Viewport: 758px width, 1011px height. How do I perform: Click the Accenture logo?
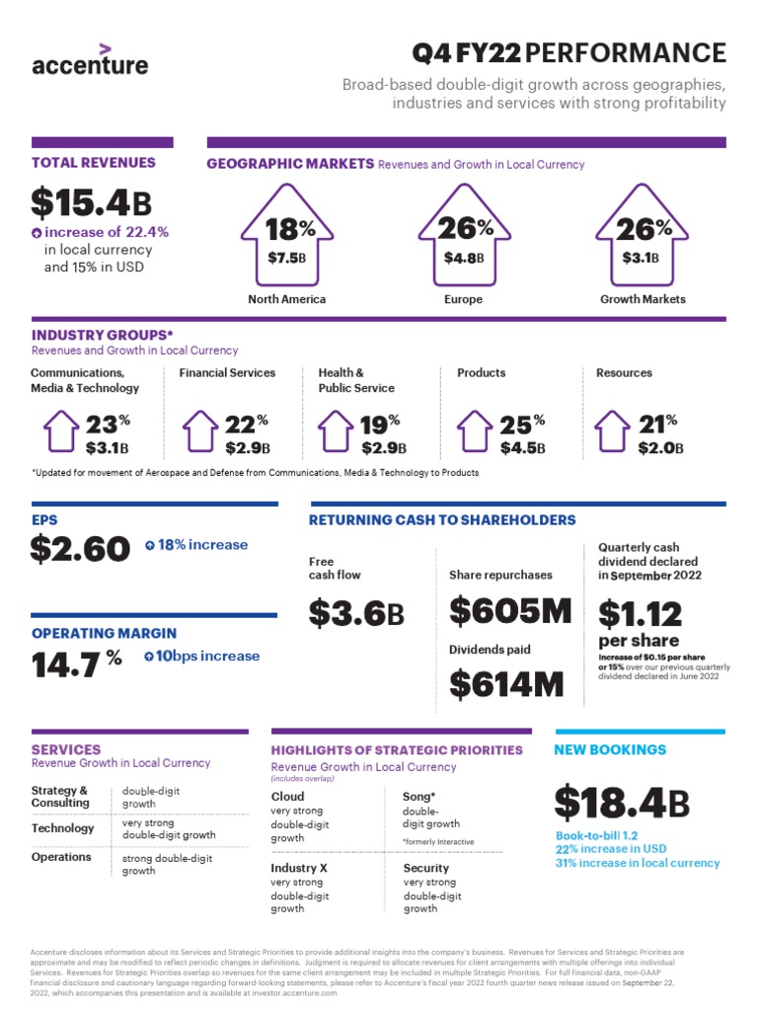[x=90, y=61]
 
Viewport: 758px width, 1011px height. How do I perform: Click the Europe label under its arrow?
[x=463, y=299]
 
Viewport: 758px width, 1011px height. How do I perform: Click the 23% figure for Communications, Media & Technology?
[x=107, y=425]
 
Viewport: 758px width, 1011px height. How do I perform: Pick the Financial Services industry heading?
[x=227, y=373]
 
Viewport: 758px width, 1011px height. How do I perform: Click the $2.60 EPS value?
[x=80, y=548]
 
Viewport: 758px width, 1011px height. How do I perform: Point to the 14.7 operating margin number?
[x=66, y=664]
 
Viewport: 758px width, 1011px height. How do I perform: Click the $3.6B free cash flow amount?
[x=356, y=613]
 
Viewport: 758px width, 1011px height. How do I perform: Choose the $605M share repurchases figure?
[x=510, y=611]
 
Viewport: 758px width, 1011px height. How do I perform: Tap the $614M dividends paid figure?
[x=506, y=683]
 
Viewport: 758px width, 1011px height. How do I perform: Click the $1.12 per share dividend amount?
[x=640, y=614]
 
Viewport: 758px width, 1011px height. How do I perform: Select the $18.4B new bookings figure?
[x=622, y=803]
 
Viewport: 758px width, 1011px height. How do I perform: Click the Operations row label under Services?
[x=61, y=857]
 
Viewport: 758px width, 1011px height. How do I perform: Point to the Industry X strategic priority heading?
[x=300, y=868]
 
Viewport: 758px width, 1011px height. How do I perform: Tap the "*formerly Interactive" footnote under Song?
[x=438, y=841]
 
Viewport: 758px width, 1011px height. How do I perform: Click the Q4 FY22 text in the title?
[x=463, y=52]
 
